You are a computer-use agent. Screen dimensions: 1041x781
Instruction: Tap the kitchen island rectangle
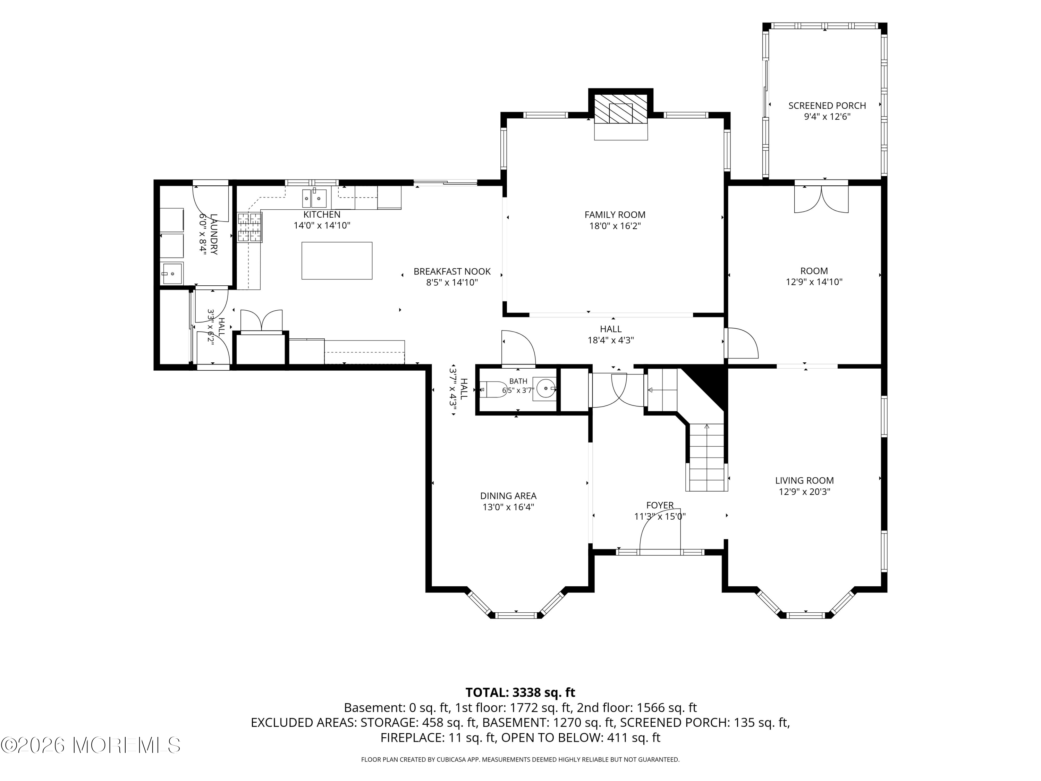tap(337, 260)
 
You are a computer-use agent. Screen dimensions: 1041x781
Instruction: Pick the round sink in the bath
tap(545, 389)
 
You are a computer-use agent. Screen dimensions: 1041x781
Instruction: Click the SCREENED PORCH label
tap(827, 106)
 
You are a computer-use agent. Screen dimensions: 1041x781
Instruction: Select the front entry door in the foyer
tap(660, 535)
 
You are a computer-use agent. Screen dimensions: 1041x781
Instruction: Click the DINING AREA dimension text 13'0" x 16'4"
tap(508, 507)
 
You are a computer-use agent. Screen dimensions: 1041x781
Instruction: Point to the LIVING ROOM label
tap(804, 481)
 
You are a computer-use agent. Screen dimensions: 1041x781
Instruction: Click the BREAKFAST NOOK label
tap(452, 272)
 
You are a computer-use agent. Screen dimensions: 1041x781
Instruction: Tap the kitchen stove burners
tap(249, 227)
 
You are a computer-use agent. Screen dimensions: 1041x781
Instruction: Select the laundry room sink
tap(172, 273)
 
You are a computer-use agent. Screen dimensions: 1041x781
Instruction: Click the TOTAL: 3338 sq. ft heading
tap(520, 692)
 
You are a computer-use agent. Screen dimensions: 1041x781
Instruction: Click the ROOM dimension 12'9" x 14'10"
tap(814, 282)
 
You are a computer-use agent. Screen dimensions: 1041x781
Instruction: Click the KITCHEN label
tap(322, 215)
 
